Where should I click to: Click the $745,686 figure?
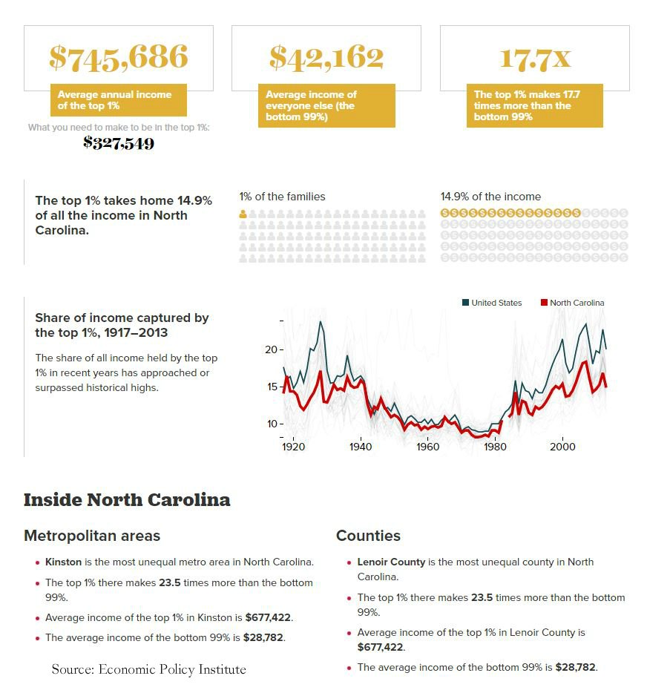[119, 58]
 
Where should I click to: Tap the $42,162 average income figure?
[326, 58]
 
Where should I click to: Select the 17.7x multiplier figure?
[534, 58]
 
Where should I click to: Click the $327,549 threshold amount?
[119, 143]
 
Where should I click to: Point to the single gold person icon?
[243, 214]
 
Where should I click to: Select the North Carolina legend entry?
[572, 303]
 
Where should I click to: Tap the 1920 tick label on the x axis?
[293, 447]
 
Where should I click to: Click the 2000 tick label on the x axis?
[562, 447]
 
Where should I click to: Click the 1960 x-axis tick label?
[427, 447]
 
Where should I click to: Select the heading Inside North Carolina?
[127, 500]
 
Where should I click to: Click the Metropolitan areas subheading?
[92, 536]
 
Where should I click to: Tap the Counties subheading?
[368, 536]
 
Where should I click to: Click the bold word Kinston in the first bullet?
[63, 562]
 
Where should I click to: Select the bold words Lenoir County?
[391, 562]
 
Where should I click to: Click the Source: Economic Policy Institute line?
[148, 669]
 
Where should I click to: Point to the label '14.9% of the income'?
[490, 197]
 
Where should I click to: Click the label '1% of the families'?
[282, 197]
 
